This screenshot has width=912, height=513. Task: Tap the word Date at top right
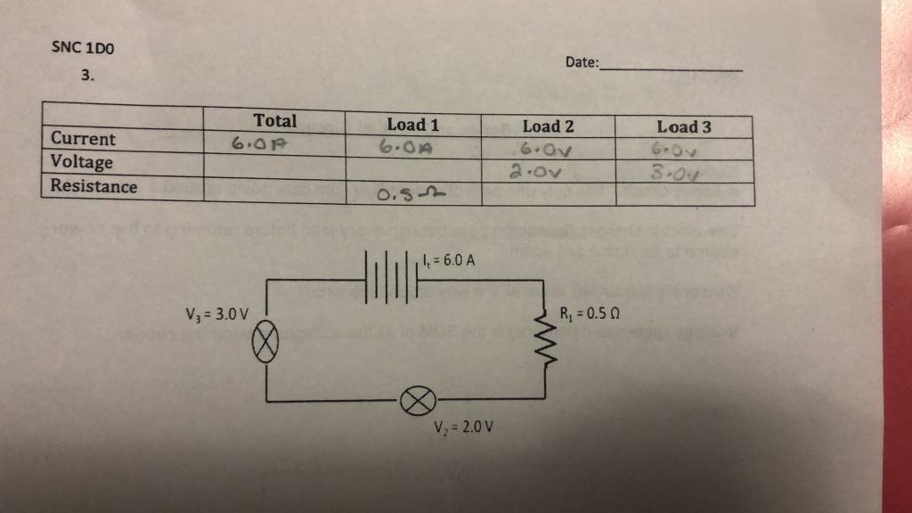[582, 63]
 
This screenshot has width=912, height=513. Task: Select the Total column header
[275, 120]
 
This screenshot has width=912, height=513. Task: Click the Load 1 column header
[412, 125]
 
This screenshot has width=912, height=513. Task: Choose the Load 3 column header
[684, 127]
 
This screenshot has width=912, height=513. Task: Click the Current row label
[83, 139]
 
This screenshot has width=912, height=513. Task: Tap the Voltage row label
[82, 162]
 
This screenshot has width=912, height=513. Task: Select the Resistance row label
[94, 186]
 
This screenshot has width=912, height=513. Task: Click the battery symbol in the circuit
[390, 278]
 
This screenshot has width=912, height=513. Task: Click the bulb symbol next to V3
[267, 340]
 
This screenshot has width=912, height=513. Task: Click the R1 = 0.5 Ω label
[589, 313]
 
